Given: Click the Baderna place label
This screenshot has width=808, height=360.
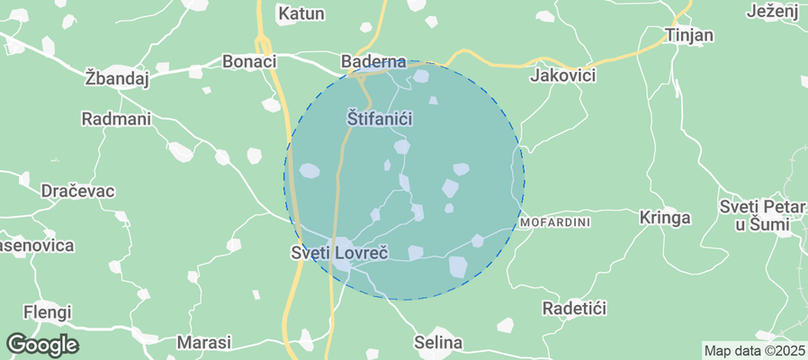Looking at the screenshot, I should click(373, 61).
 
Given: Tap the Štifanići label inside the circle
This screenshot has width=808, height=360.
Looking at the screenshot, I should click(379, 117).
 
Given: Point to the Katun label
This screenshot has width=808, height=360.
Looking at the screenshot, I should click(301, 13).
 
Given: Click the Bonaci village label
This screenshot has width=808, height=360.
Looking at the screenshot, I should click(248, 61).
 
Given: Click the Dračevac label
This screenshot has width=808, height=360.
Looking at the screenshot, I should click(77, 191).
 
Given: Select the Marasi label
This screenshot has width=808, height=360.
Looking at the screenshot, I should click(203, 342).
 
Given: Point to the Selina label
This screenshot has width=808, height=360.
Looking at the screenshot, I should click(438, 342).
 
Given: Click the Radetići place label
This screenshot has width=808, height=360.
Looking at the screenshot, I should click(574, 308).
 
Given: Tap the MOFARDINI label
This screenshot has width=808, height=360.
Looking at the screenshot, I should click(555, 221).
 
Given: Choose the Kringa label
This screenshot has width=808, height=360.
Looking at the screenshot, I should click(664, 217).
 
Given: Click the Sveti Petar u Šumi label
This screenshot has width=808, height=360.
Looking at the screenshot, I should click(761, 216).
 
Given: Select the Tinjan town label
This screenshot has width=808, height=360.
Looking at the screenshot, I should click(688, 35).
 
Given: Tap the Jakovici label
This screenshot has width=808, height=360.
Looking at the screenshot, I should click(563, 75).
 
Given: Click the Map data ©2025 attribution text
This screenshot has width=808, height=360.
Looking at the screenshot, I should click(754, 350).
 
